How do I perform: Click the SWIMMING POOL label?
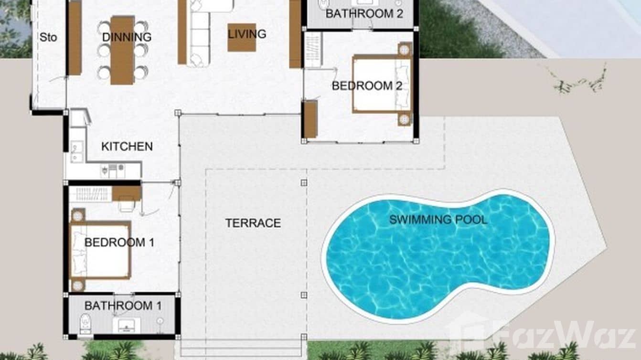pos(438,220)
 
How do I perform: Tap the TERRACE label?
pos(253,223)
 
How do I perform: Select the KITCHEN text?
pos(127,147)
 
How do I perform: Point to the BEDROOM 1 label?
pos(119,243)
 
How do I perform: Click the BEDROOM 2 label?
pos(367,86)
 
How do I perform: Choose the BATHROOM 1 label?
pos(123,306)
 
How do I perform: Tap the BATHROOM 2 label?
pos(364,14)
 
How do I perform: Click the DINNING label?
pos(127,37)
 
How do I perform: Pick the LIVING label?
pos(247,34)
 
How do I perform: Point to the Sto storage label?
pos(48,37)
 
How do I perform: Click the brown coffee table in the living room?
pos(242,37)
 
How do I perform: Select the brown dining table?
pos(122,50)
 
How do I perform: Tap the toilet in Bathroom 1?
pos(85,324)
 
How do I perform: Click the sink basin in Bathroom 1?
pos(126,325)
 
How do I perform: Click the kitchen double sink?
pos(77,152)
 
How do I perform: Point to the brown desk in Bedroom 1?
pos(126,193)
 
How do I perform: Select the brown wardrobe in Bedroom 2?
pos(310,119)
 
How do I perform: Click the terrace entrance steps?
pos(241,349)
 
